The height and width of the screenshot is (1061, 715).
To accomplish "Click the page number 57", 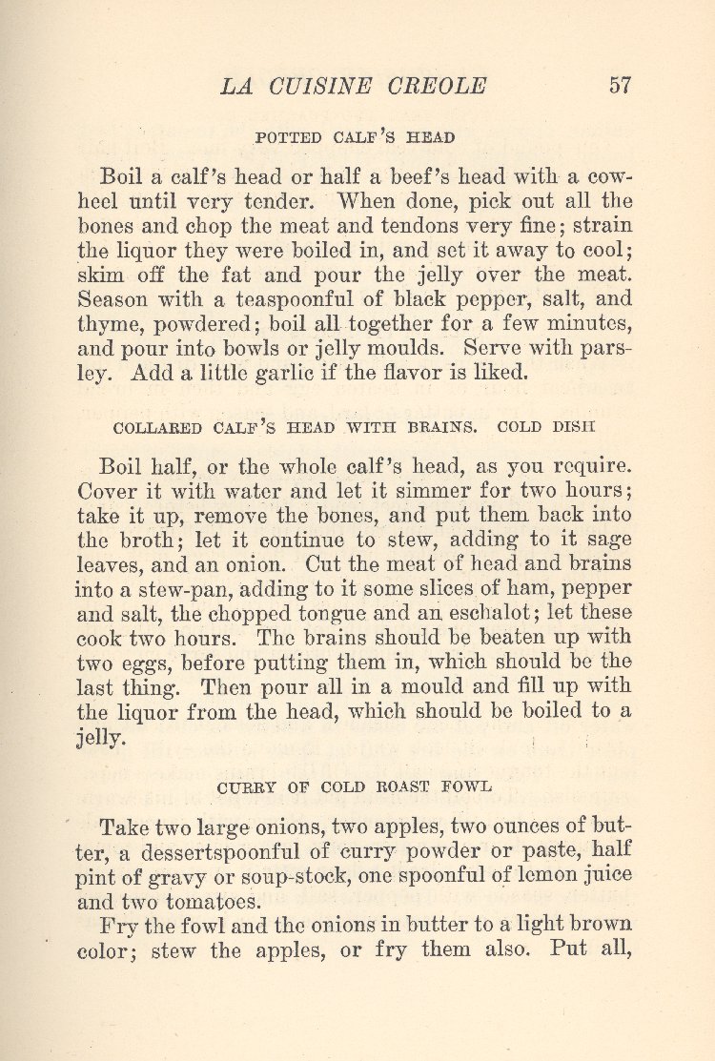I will pyautogui.click(x=620, y=85).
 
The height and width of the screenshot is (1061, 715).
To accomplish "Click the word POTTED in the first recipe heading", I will pyautogui.click(x=290, y=137).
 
